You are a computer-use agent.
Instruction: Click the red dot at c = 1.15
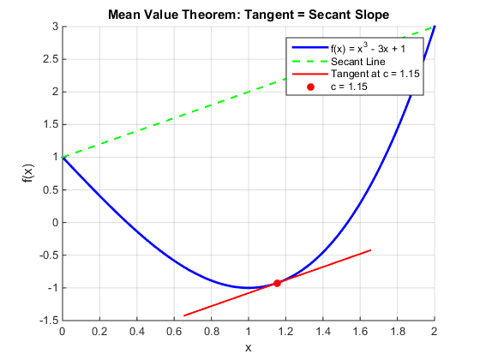[277, 283]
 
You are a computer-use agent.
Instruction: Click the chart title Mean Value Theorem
[248, 15]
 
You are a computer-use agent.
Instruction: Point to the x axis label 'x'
[248, 347]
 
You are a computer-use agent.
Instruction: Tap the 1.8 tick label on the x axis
[398, 328]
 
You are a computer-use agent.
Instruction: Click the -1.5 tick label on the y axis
[44, 320]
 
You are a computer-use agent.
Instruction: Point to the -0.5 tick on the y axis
[63, 255]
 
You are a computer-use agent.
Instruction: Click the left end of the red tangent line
[184, 315]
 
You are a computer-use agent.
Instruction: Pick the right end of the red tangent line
[370, 250]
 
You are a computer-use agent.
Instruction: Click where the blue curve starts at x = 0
[63, 158]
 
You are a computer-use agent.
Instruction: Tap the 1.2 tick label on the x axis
[285, 328]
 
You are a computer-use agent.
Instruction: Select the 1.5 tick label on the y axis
[47, 125]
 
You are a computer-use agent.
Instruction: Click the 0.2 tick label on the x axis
[99, 328]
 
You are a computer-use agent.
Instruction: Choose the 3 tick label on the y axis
[51, 27]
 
